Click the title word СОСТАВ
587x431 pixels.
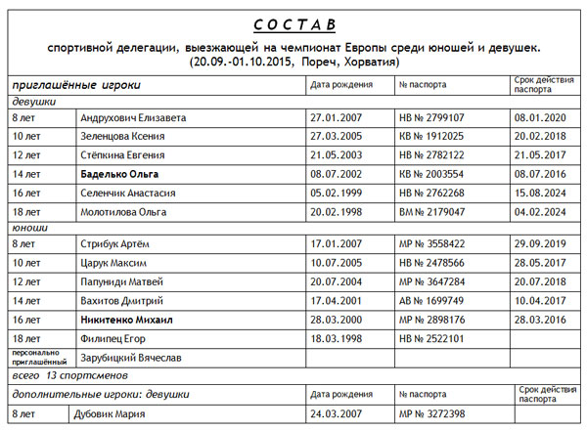[293, 22]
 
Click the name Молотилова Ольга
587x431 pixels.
[124, 212]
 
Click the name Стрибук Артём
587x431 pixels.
[114, 243]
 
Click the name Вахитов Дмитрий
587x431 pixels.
[121, 300]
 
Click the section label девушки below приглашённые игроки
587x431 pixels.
[34, 101]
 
